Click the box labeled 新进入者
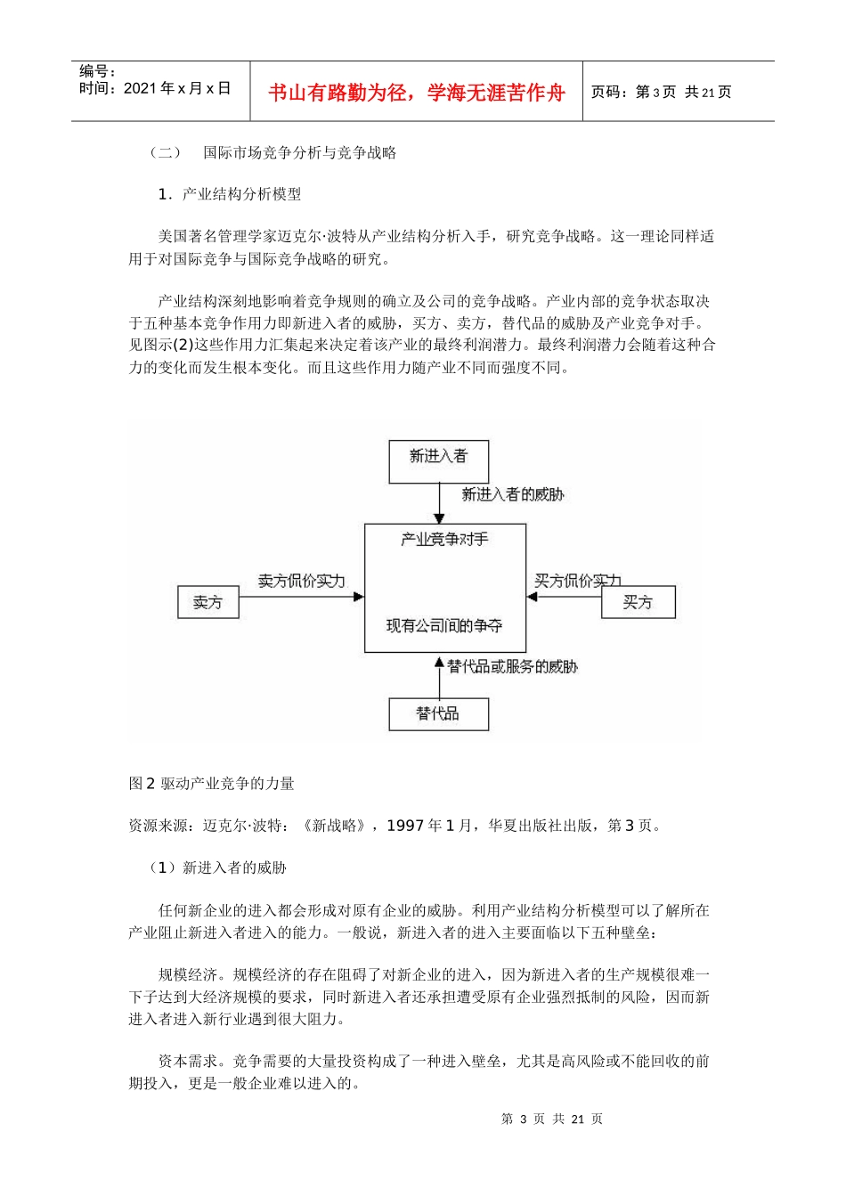click(x=438, y=461)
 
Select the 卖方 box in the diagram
click(x=208, y=603)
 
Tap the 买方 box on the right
click(x=638, y=603)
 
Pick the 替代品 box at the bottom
click(x=438, y=714)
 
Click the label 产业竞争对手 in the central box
click(x=444, y=540)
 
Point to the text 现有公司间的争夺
click(x=444, y=626)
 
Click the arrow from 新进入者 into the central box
click(x=439, y=503)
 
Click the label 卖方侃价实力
click(x=301, y=581)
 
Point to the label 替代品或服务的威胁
click(x=512, y=666)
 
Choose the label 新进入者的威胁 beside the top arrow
click(x=512, y=494)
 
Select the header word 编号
click(x=93, y=71)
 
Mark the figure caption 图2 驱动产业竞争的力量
click(x=211, y=784)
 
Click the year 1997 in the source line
click(x=405, y=826)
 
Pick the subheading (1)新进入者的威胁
click(x=217, y=867)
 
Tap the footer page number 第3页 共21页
click(x=552, y=1120)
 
